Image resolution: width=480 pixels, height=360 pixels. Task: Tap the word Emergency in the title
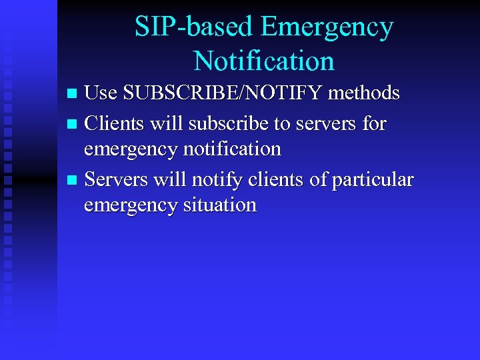[327, 27]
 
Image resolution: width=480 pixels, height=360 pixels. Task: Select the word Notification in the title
[264, 61]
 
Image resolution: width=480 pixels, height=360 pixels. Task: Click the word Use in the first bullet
[100, 93]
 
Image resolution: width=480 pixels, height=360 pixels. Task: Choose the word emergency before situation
[131, 205]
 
